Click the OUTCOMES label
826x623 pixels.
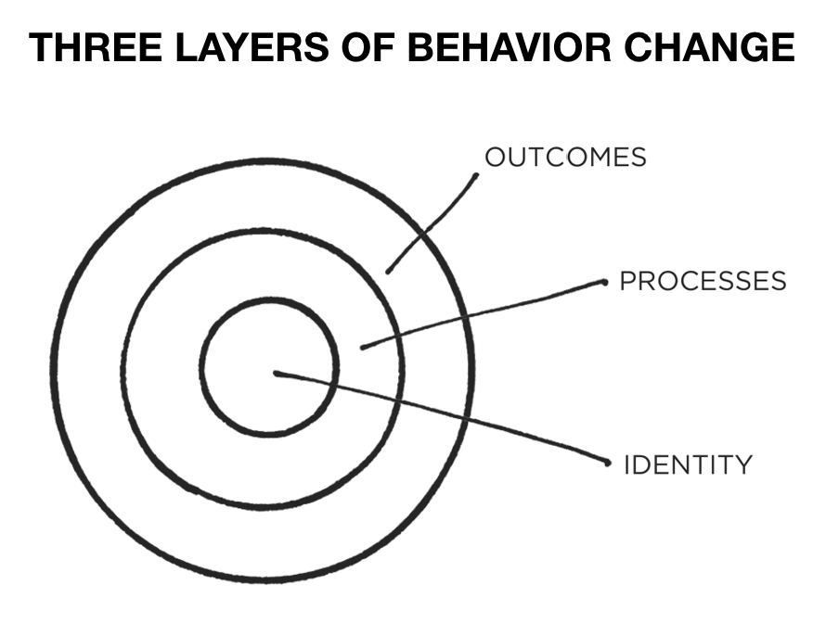[x=566, y=157]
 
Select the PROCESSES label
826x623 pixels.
[x=703, y=280]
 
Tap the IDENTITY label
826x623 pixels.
[x=688, y=464]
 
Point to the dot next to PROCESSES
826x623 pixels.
[x=604, y=281]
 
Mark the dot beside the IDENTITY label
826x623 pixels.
[x=609, y=462]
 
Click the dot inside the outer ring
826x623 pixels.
[x=388, y=271]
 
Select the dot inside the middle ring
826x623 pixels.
[x=362, y=348]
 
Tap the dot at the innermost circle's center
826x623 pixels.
[x=277, y=374]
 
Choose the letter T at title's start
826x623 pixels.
[x=41, y=45]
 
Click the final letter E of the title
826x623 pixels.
[x=783, y=45]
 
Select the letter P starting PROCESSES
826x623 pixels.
[x=627, y=280]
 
